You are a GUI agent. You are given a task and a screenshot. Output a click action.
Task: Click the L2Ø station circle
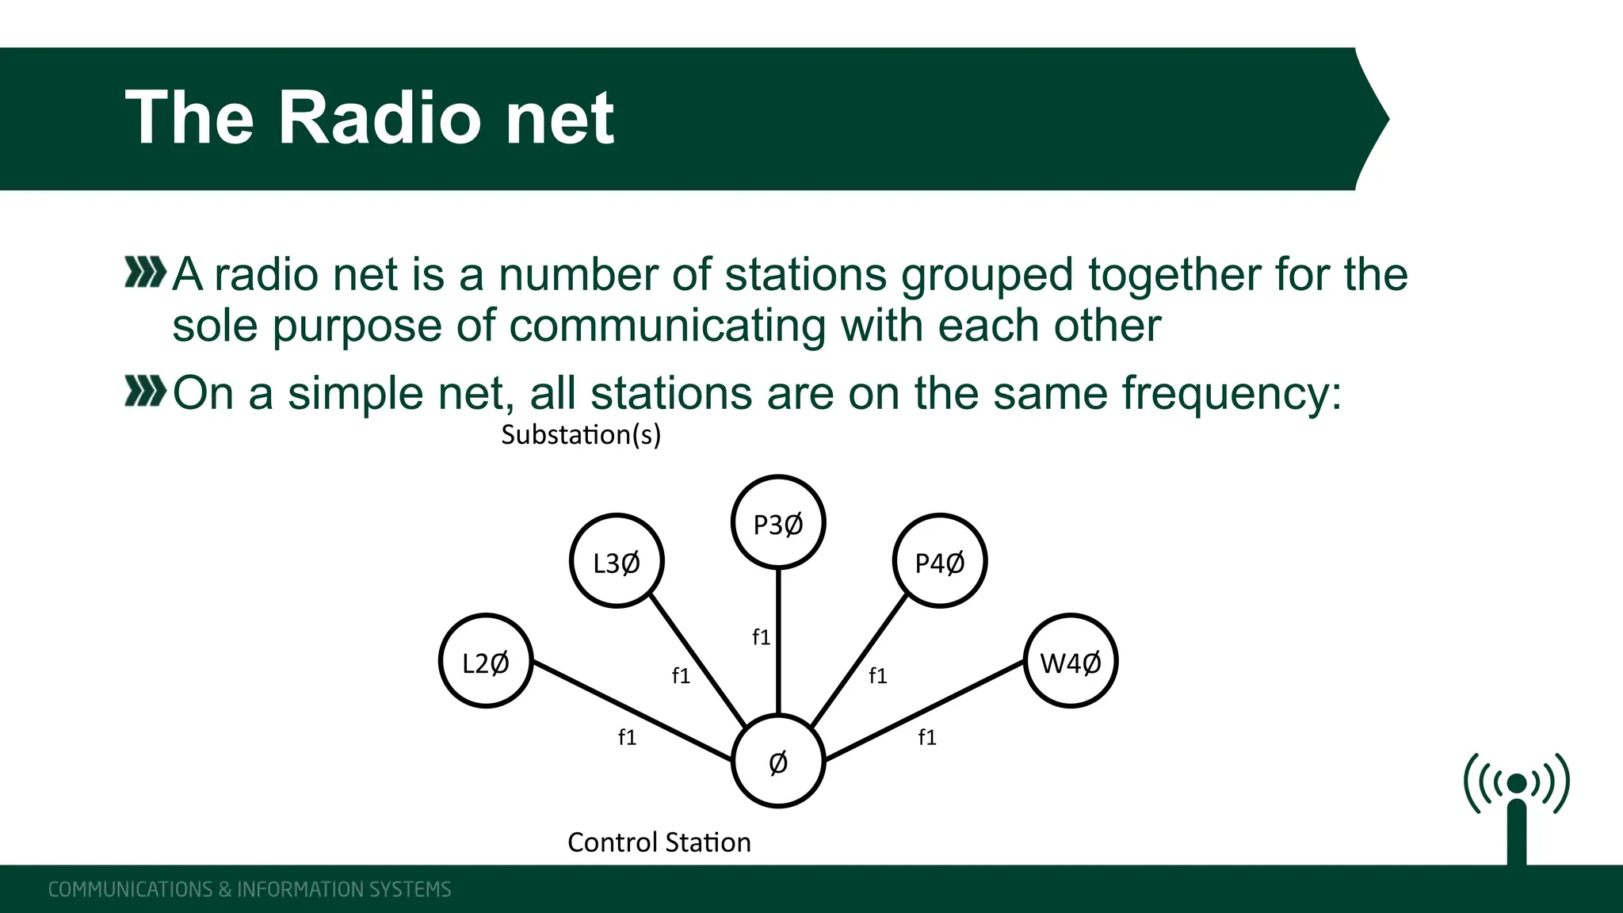pyautogui.click(x=486, y=661)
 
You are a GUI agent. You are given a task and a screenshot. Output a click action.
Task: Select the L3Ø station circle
pyautogui.click(x=617, y=561)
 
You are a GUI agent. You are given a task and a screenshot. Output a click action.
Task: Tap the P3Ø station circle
pyautogui.click(x=778, y=523)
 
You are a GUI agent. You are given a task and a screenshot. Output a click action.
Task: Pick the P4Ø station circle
pyautogui.click(x=940, y=561)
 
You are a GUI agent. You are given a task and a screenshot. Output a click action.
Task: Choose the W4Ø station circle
pyautogui.click(x=1071, y=661)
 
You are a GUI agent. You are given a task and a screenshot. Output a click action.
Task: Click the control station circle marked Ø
pyautogui.click(x=778, y=761)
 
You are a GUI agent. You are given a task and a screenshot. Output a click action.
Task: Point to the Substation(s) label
pyautogui.click(x=581, y=435)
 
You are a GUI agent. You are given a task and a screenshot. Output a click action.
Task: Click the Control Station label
pyautogui.click(x=659, y=842)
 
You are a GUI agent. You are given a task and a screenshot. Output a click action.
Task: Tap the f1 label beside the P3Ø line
pyautogui.click(x=761, y=637)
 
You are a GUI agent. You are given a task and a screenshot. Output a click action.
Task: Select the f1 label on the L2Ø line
pyautogui.click(x=627, y=738)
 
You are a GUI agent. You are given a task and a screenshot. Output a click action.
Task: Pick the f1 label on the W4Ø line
pyautogui.click(x=927, y=738)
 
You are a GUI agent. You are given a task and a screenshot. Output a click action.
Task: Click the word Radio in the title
pyautogui.click(x=380, y=118)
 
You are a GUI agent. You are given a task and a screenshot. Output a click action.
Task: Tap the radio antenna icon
pyautogui.click(x=1516, y=804)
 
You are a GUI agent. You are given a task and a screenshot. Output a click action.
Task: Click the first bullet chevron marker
pyautogui.click(x=145, y=273)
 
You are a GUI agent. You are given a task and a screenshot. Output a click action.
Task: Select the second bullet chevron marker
pyautogui.click(x=145, y=392)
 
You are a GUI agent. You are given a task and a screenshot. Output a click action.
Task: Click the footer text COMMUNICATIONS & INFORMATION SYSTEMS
pyautogui.click(x=250, y=889)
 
